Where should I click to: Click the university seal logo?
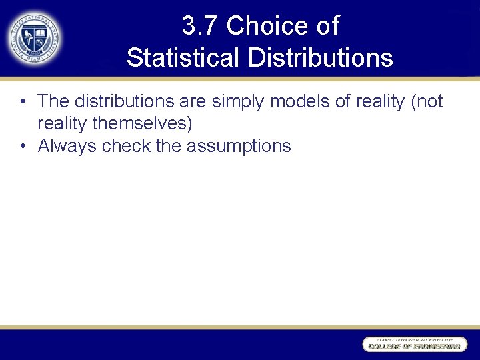pos(34,38)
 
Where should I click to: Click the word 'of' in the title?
pos(327,27)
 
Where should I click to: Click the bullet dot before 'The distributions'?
pos(23,102)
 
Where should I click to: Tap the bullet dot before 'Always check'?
pos(23,146)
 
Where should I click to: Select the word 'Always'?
pos(67,146)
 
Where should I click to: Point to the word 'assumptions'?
pos(239,146)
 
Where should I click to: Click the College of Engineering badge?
pos(413,344)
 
